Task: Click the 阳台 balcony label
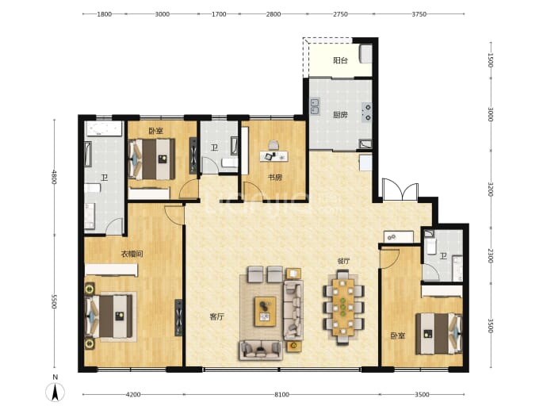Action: pyautogui.click(x=340, y=60)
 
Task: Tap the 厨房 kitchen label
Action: pyautogui.click(x=340, y=115)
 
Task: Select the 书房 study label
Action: pyautogui.click(x=275, y=178)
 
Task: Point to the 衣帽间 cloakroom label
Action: pyautogui.click(x=132, y=254)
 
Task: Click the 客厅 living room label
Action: pyautogui.click(x=216, y=317)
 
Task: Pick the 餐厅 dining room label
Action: pyautogui.click(x=343, y=261)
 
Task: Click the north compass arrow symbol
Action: pyautogui.click(x=55, y=392)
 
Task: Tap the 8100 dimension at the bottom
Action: pyautogui.click(x=281, y=395)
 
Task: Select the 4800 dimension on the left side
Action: pyautogui.click(x=54, y=177)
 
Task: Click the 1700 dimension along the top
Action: pyautogui.click(x=219, y=14)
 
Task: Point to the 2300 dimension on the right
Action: pyautogui.click(x=490, y=256)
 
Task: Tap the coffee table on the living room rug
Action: pyautogui.click(x=265, y=312)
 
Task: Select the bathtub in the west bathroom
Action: pyautogui.click(x=105, y=128)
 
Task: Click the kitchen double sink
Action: pyautogui.click(x=315, y=106)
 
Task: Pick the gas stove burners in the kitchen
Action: pyautogui.click(x=367, y=113)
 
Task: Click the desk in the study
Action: pyautogui.click(x=273, y=156)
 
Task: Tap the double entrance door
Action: pyautogui.click(x=400, y=190)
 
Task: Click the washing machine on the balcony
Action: pyautogui.click(x=365, y=54)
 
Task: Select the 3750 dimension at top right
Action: pyautogui.click(x=419, y=14)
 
